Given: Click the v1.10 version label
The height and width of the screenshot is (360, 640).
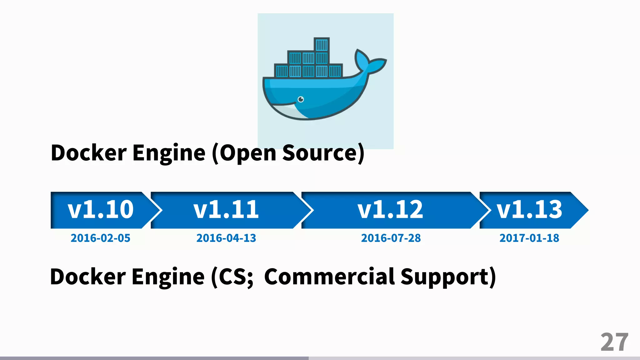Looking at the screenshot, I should [101, 209].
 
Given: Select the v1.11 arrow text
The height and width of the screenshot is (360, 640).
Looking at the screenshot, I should [226, 209].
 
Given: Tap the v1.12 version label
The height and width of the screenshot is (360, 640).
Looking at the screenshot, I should [390, 209].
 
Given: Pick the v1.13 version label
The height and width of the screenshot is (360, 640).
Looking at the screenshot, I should [529, 209].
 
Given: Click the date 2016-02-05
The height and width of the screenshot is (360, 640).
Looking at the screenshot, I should [100, 238].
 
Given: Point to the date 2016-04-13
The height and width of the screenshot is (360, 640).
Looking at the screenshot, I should [226, 238].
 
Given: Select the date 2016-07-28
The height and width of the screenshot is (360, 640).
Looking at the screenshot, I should [391, 238].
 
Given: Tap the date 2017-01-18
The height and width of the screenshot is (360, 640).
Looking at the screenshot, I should [529, 238].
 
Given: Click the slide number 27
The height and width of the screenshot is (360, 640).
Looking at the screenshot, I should [614, 342].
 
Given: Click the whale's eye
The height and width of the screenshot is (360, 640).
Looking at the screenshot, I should [301, 99].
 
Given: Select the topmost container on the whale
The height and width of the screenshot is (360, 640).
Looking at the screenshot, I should [321, 45].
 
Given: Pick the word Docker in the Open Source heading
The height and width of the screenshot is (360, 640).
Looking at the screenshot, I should [89, 153].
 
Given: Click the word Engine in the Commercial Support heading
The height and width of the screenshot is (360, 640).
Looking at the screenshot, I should [168, 277].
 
